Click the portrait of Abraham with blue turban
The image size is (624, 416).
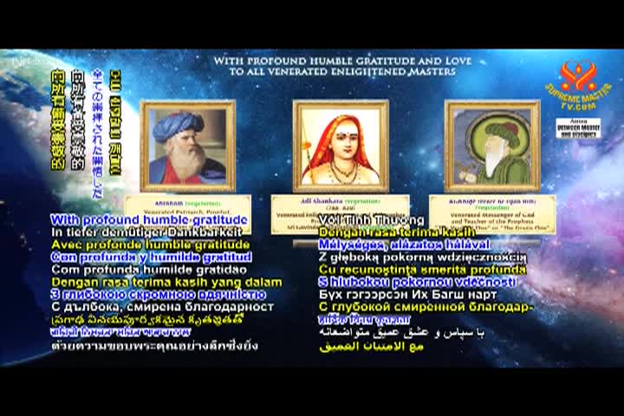tap(187, 146)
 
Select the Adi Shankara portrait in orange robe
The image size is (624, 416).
tap(340, 146)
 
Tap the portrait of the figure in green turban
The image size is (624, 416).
tap(491, 146)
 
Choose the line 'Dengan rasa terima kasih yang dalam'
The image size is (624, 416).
tap(166, 282)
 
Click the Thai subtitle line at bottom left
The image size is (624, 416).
tap(154, 345)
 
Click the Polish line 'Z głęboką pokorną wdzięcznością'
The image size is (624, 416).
tap(423, 257)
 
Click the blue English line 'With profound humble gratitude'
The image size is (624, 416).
tap(149, 220)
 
